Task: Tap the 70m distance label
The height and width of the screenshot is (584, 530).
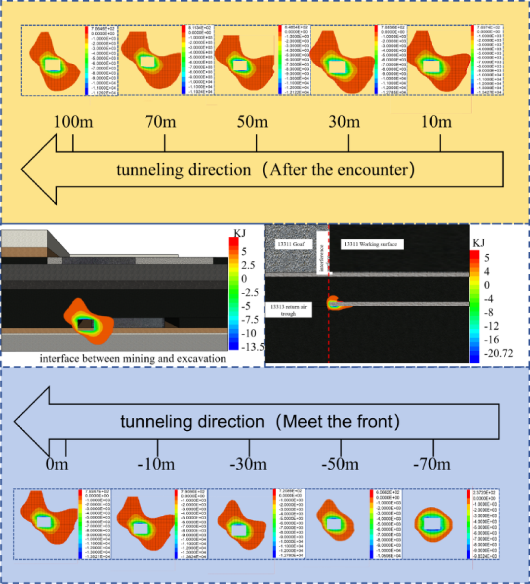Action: coord(161,122)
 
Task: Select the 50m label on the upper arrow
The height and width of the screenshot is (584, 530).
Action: coord(252,122)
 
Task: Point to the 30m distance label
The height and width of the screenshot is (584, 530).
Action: coord(344,122)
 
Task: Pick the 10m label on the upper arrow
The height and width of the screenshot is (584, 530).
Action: coord(436,122)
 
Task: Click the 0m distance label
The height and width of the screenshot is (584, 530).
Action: coord(57,465)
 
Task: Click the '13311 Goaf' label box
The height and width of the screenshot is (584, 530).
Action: coord(291,244)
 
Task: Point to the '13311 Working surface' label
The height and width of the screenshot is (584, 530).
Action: coord(371,244)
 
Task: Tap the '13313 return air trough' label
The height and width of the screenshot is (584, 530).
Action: coord(288,310)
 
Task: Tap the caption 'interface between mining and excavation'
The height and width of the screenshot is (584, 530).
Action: coord(133,359)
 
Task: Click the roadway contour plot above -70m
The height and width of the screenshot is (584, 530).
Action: coord(433,524)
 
